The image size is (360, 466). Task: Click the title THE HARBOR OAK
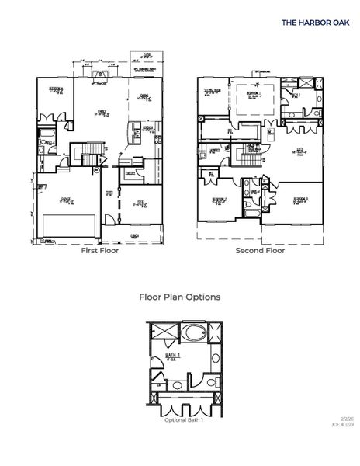315,23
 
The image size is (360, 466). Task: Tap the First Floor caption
100,252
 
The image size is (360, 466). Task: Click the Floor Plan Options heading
179,297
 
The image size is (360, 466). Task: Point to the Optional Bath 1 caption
184,420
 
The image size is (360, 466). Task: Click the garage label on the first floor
66,200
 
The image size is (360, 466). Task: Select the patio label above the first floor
147,55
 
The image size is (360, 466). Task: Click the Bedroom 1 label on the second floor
253,93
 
